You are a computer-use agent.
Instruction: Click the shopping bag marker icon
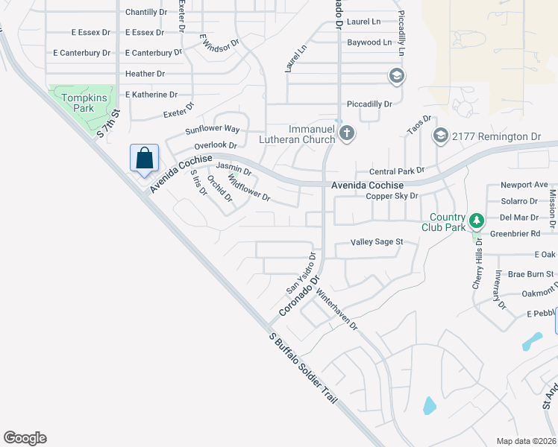pyautogui.click(x=145, y=158)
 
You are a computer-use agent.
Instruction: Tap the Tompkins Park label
pyautogui.click(x=78, y=102)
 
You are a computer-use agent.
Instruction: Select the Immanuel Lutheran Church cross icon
pyautogui.click(x=346, y=133)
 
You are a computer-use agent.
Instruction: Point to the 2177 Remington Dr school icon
pyautogui.click(x=440, y=135)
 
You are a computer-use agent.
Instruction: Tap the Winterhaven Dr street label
pyautogui.click(x=337, y=309)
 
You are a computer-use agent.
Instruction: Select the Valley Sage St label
pyautogui.click(x=377, y=242)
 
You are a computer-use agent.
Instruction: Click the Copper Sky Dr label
pyautogui.click(x=392, y=196)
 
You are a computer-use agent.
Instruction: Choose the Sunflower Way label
pyautogui.click(x=213, y=130)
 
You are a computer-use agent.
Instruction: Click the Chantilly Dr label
pyautogui.click(x=146, y=13)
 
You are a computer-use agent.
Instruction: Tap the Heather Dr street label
pyautogui.click(x=145, y=74)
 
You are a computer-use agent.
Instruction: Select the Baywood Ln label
pyautogui.click(x=369, y=43)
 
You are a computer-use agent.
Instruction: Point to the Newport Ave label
pyautogui.click(x=524, y=185)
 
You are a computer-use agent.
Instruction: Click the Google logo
pyautogui.click(x=25, y=438)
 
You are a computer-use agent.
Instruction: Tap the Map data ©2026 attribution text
pyautogui.click(x=526, y=441)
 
